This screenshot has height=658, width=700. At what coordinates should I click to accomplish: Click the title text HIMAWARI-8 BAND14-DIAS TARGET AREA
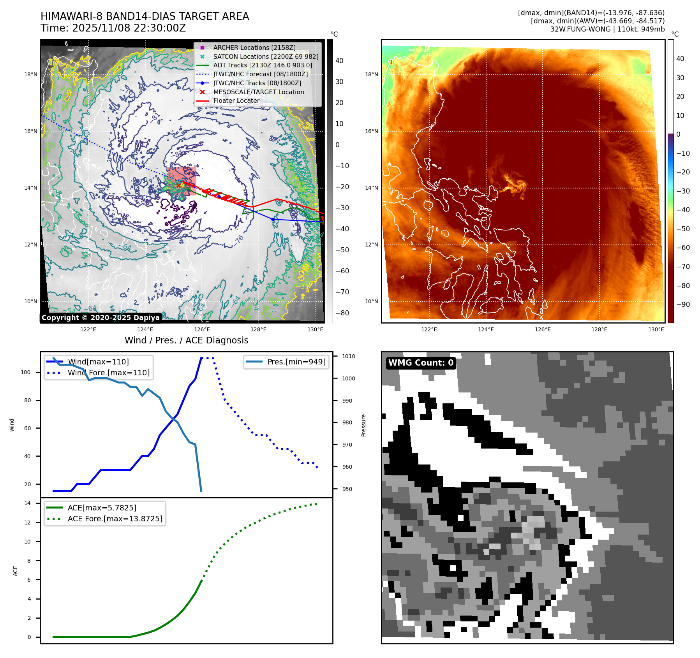pos(145,16)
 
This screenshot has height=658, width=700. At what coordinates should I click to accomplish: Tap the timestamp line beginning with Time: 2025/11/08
pos(113,28)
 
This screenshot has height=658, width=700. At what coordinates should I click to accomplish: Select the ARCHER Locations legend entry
pos(254,48)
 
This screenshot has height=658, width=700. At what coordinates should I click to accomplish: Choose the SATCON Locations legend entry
pos(266,56)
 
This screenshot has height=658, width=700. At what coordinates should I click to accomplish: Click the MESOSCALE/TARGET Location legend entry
pos(259,92)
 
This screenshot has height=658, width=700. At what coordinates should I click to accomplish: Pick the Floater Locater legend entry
pos(236,100)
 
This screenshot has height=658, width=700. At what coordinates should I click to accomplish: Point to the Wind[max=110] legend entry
pos(98,362)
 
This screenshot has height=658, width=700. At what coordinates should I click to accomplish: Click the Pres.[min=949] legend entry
pos(296,362)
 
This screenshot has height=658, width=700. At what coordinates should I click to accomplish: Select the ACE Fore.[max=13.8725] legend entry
pos(115,519)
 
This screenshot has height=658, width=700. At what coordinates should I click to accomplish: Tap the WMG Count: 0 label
pos(421,363)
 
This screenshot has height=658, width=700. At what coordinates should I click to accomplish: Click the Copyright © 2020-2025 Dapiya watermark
pos(101,318)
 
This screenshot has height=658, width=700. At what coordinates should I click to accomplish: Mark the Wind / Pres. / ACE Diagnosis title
pos(186,340)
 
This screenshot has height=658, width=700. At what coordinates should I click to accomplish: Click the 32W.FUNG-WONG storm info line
pos(607,29)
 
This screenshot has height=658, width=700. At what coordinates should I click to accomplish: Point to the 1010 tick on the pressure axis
pos(349,356)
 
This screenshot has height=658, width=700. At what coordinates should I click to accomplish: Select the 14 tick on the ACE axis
pos(27,503)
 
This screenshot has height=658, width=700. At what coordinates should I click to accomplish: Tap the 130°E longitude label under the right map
pos(656,329)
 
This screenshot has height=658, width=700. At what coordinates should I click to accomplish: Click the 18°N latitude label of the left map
pos(31,74)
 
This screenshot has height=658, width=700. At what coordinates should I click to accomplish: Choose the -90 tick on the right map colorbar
pos(683,304)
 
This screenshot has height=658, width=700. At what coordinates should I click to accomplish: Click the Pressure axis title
pos(363,425)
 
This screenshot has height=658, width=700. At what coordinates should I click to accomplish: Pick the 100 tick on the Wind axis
pos(26,372)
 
